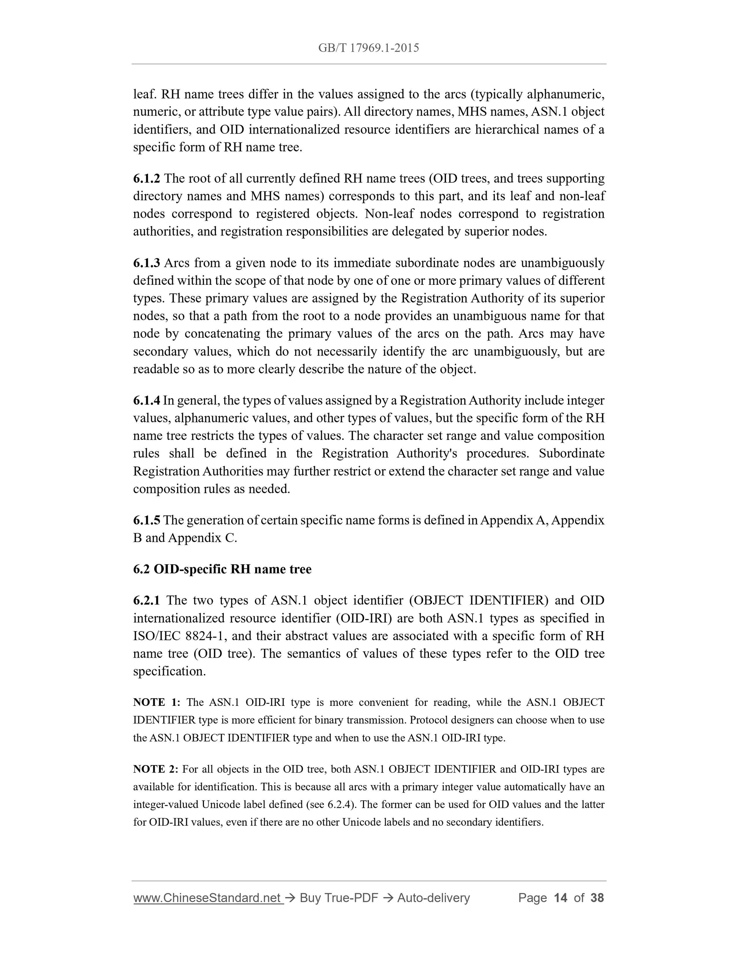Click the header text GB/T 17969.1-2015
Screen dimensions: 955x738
[369, 48]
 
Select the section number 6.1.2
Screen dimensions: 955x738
[146, 178]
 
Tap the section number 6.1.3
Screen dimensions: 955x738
[146, 263]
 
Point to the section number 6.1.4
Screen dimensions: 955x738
[146, 400]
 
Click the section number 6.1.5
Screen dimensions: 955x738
[146, 520]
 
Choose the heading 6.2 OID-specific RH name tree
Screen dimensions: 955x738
[222, 569]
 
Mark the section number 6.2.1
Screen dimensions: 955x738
[146, 600]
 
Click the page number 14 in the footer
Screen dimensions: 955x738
[560, 898]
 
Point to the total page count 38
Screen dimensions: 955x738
[597, 898]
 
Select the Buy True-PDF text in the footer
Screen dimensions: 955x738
[339, 898]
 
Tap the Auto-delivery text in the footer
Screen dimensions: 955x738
[433, 898]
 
